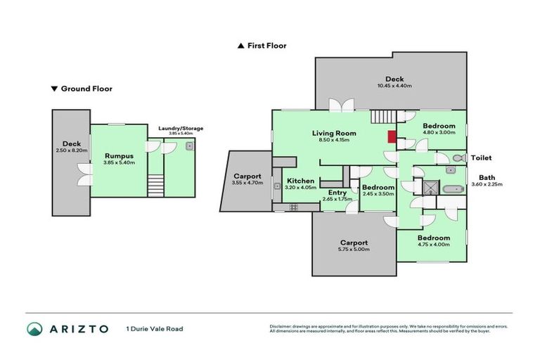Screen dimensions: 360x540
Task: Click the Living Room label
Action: pos(334,133)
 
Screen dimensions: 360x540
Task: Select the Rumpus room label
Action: pos(119,155)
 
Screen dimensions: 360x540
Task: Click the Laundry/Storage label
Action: pos(181,128)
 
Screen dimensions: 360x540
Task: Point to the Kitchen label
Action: pos(300,181)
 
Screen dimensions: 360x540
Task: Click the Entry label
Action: pos(337,192)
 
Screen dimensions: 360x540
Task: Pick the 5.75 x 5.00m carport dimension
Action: pos(353,250)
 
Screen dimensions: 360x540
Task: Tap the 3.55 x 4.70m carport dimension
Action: pos(247,183)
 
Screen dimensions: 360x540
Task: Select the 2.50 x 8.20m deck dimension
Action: pos(71,150)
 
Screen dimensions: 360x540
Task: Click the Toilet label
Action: pos(481,158)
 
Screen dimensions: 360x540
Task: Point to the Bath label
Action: pos(486,177)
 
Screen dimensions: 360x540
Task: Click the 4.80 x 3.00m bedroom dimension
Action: pos(438,132)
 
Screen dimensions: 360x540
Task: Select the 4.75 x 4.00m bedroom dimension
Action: pos(432,245)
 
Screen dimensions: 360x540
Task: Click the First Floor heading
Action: pos(266,46)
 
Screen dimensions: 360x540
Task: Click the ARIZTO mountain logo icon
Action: pos(35,328)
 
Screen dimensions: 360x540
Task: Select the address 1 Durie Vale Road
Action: pos(154,329)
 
